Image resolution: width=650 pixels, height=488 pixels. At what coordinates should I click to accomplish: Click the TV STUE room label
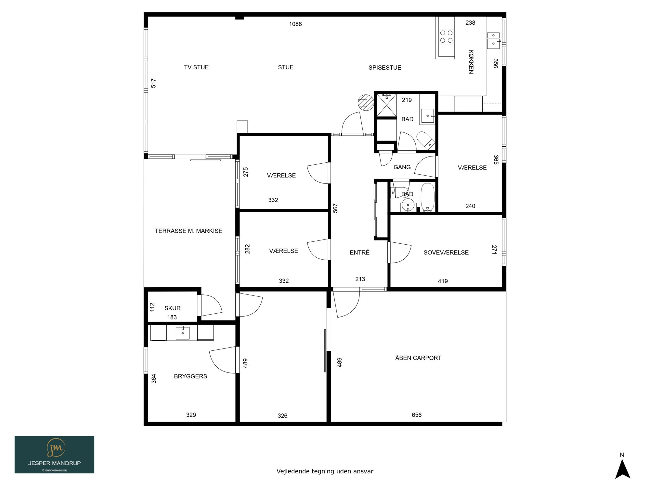[x=196, y=67]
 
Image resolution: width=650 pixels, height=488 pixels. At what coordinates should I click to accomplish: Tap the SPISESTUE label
[x=385, y=68]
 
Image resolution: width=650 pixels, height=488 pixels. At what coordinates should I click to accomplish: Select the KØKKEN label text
[x=471, y=62]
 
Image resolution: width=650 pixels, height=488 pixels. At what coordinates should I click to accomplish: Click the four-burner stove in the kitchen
[x=446, y=36]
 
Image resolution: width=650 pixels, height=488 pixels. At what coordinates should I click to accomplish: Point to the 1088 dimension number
[x=295, y=24]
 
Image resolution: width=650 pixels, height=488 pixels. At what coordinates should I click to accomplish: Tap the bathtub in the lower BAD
[x=427, y=197]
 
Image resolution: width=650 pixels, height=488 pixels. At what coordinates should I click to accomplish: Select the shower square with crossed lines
[x=386, y=105]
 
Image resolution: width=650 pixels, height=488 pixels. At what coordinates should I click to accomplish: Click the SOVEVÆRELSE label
[x=446, y=252]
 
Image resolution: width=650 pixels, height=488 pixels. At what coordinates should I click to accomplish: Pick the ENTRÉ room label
[x=359, y=252]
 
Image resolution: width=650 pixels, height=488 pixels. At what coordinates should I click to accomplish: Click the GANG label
[x=402, y=167]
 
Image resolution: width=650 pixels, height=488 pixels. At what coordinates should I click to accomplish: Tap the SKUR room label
[x=172, y=308]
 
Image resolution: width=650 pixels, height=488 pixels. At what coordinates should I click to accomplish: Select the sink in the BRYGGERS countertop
[x=183, y=333]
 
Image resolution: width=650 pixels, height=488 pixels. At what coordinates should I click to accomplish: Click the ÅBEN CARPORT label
[x=418, y=358]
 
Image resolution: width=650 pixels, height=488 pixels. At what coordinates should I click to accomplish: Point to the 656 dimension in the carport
[x=417, y=415]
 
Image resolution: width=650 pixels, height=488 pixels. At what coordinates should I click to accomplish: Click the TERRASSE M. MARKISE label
[x=188, y=231]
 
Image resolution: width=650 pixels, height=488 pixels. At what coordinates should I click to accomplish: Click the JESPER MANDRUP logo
[x=54, y=454]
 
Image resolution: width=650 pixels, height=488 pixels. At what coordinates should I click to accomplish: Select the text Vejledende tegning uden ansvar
[x=325, y=471]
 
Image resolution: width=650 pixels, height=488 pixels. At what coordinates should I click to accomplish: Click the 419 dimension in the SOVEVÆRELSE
[x=443, y=281]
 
